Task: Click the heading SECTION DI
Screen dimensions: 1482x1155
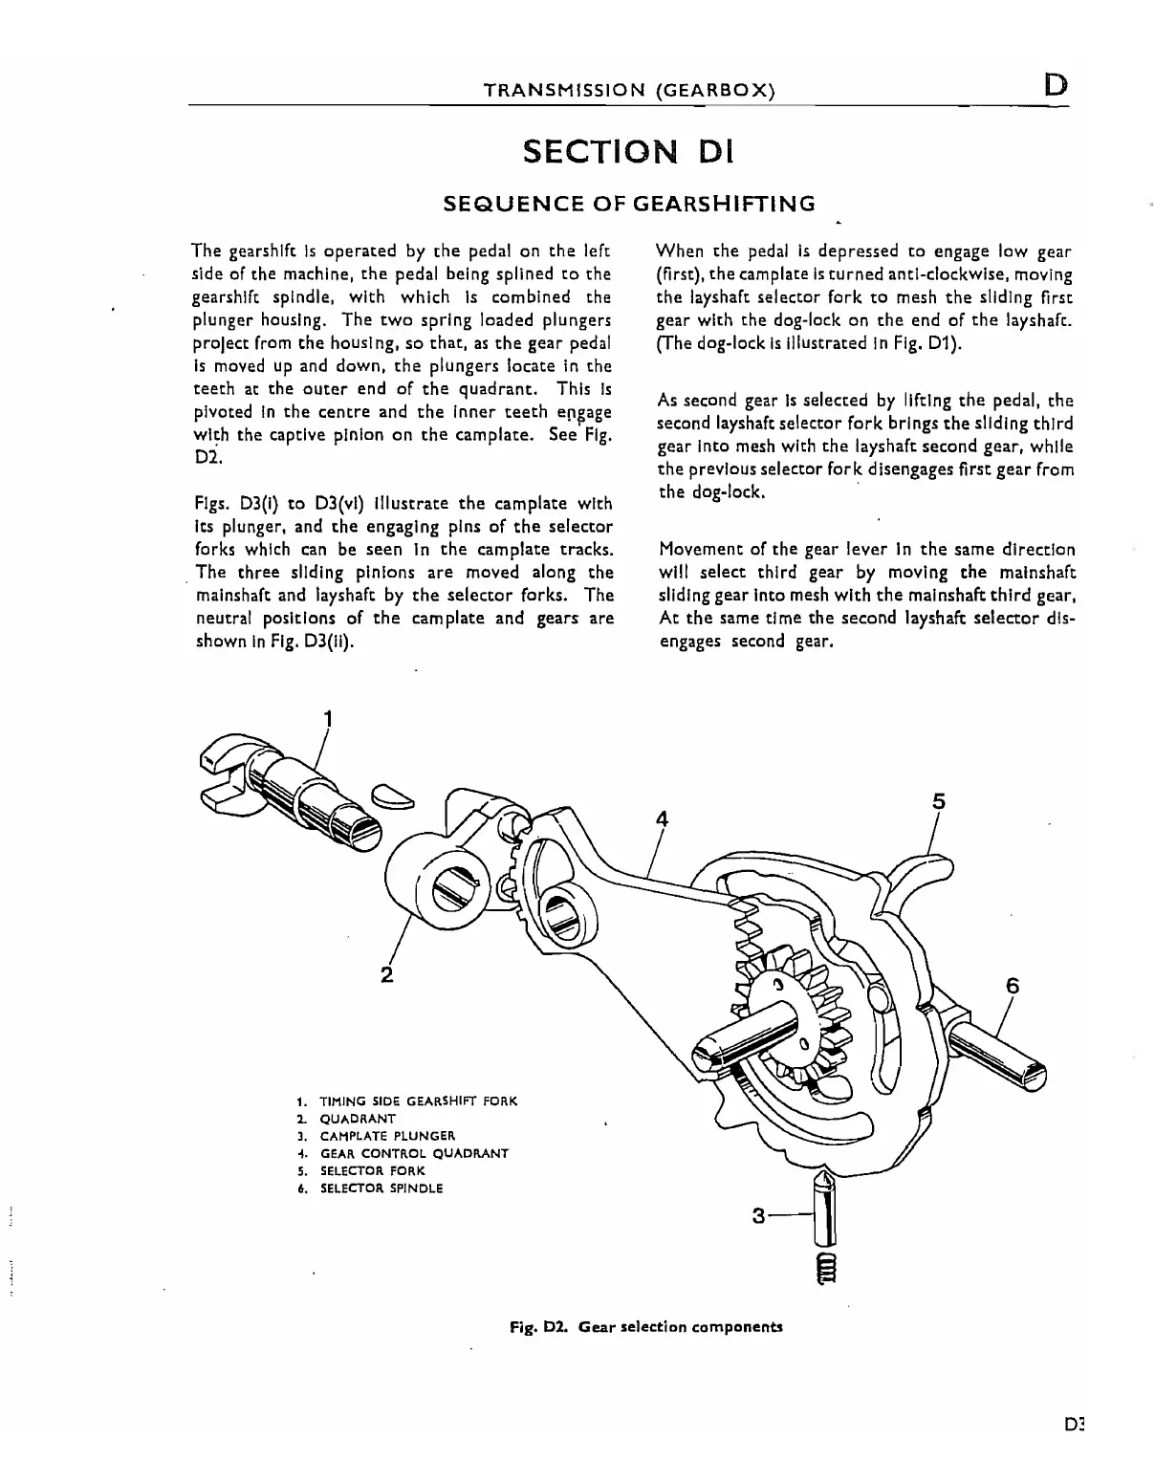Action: pyautogui.click(x=627, y=152)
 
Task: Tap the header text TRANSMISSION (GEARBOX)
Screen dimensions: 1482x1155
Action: pyautogui.click(x=629, y=91)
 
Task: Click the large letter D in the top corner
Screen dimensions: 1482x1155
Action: pyautogui.click(x=1056, y=85)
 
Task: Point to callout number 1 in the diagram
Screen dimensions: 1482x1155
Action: pyautogui.click(x=329, y=717)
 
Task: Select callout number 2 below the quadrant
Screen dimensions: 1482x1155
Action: pyautogui.click(x=386, y=974)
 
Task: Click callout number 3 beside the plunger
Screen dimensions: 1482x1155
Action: pyautogui.click(x=759, y=1216)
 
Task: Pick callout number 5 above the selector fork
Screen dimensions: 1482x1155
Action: pyautogui.click(x=939, y=801)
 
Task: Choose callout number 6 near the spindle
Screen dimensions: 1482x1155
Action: pyautogui.click(x=1013, y=986)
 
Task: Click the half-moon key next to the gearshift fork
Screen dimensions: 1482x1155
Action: pyautogui.click(x=393, y=795)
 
